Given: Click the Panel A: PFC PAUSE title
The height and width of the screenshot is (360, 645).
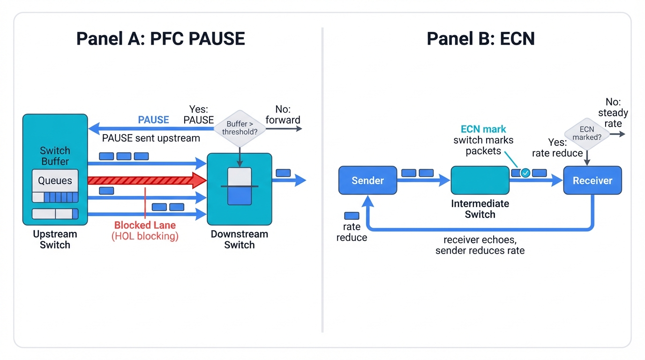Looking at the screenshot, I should click(160, 38).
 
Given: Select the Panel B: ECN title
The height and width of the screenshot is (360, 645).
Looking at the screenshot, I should click(480, 38).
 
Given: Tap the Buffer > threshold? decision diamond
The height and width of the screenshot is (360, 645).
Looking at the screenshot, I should click(240, 128).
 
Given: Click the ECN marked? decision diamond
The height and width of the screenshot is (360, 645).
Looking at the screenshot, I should click(586, 133).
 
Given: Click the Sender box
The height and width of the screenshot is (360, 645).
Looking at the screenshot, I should click(367, 180).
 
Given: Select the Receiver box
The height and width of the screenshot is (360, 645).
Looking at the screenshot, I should click(592, 180).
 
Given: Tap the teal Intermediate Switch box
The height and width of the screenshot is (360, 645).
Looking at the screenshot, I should click(480, 180).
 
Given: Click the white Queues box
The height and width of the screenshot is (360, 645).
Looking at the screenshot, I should click(55, 180).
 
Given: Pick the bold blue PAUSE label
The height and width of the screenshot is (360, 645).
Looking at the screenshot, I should click(153, 120).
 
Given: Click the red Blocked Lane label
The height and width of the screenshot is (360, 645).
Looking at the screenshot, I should click(145, 225).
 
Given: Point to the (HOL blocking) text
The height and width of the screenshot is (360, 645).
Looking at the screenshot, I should click(145, 236).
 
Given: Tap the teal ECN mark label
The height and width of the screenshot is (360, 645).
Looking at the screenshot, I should click(483, 129).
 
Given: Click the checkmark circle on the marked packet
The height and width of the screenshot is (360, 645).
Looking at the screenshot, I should click(525, 173).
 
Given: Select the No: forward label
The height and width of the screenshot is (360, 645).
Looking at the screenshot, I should click(283, 115).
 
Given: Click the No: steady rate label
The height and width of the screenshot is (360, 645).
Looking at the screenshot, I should click(613, 113).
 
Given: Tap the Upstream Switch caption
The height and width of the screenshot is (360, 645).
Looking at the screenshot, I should click(55, 239).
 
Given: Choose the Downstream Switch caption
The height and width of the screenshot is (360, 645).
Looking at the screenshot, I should click(239, 239).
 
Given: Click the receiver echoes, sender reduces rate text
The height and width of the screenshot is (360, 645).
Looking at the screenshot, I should click(480, 245).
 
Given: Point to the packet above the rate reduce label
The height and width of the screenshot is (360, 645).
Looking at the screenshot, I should click(352, 216).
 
